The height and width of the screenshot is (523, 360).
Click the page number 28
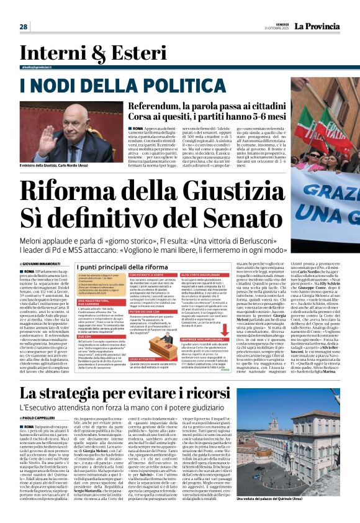click(23, 27)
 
